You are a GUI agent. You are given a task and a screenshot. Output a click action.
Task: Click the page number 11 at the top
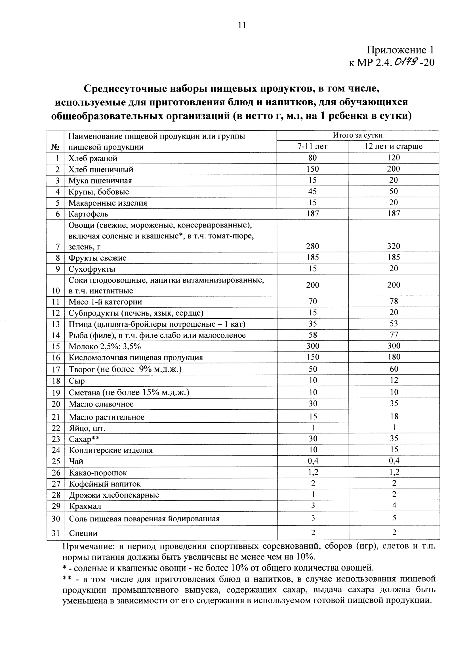point(242,26)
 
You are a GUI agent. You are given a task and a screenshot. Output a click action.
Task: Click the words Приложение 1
point(400,50)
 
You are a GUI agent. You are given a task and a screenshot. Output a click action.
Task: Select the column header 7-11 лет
point(312,146)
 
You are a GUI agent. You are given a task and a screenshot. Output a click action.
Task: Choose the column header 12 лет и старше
point(394,146)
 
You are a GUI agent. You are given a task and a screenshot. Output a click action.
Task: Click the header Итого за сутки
point(358,135)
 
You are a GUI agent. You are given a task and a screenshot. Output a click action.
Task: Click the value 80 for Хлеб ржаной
point(312,158)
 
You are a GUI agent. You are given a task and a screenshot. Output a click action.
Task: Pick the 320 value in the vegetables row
point(394,246)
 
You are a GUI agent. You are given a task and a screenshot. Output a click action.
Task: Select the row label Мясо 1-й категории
point(105,302)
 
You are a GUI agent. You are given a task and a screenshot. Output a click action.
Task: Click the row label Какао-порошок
point(98,473)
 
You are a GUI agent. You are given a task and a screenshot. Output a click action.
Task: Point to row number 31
point(56,533)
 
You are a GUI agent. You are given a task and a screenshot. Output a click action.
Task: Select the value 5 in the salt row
point(394,518)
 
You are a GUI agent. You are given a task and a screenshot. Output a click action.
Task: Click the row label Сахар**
point(84,439)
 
